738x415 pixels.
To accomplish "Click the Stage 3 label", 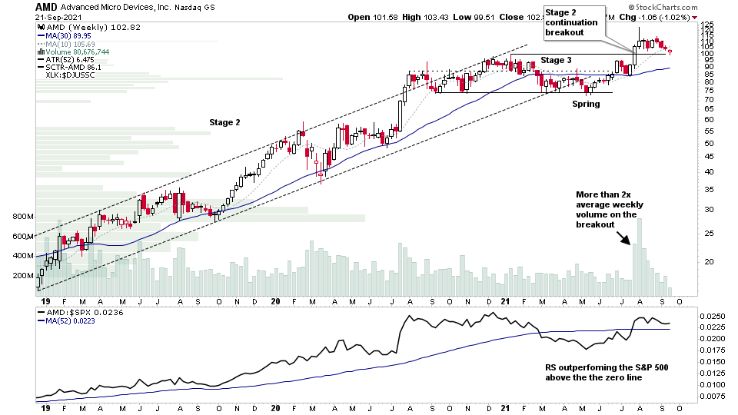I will (x=556, y=59).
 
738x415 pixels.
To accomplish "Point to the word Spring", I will (x=585, y=104).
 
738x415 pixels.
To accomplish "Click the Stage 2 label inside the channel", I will (x=226, y=122).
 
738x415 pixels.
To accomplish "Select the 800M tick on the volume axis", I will (x=22, y=217).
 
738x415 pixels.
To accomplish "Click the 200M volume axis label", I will (x=22, y=275).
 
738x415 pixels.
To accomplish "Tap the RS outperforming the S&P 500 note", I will (x=601, y=373).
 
